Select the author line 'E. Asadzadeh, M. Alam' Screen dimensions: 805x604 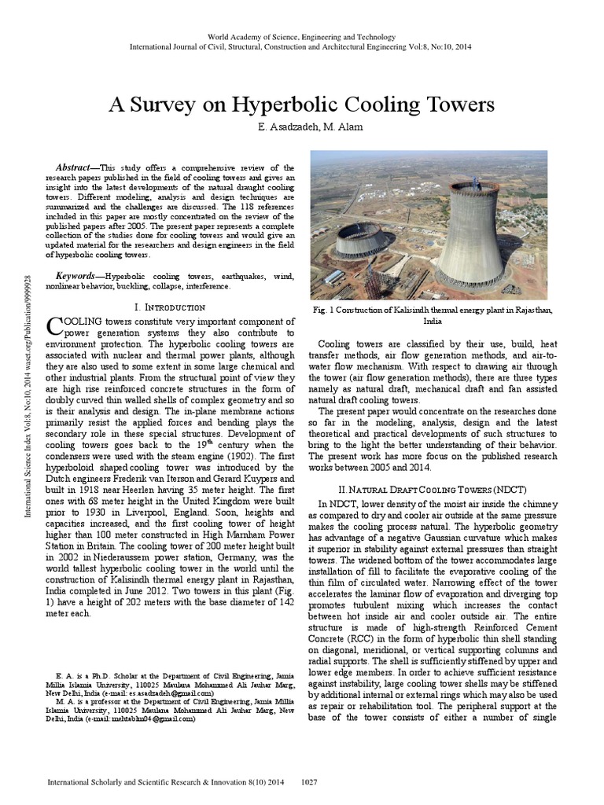coord(301,127)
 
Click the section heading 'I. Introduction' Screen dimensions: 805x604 coord(171,307)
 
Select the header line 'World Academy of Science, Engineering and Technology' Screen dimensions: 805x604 coord(301,37)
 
